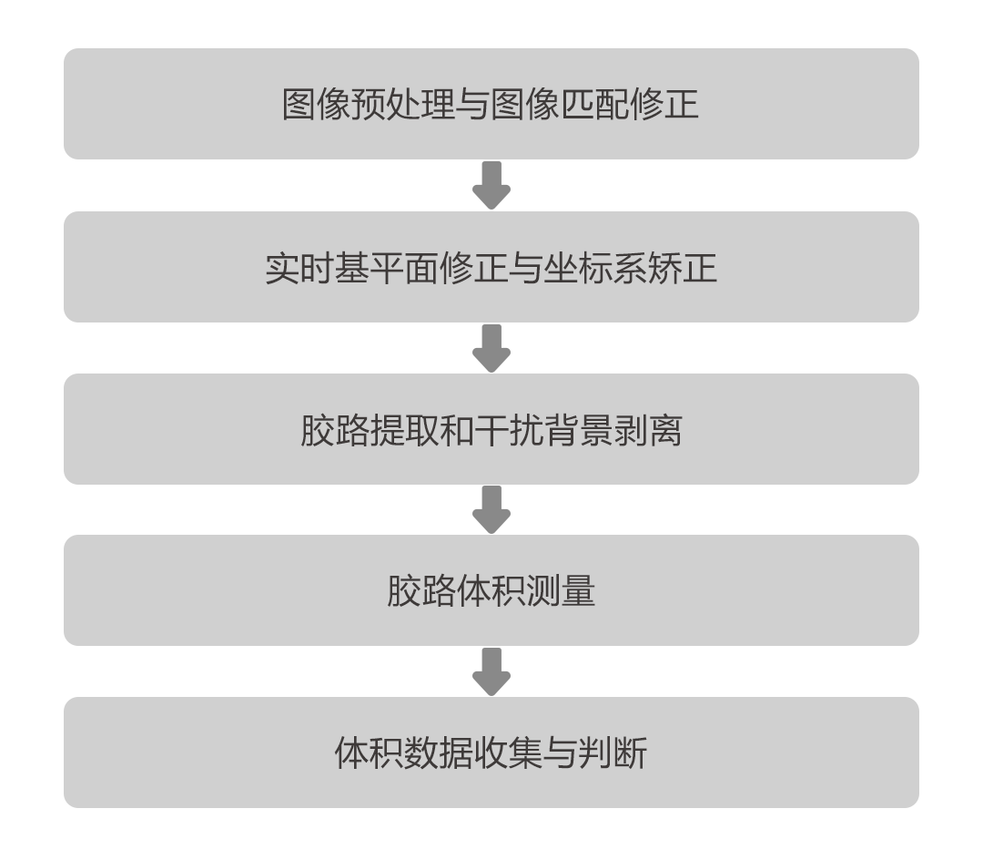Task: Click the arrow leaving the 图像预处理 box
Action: pos(491,186)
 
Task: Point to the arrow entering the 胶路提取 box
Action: pos(491,348)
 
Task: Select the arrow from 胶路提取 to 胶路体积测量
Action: pos(491,509)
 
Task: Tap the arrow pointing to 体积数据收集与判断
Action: pos(491,671)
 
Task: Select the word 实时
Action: pos(299,268)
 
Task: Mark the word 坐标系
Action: pos(595,268)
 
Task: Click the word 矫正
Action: pos(682,268)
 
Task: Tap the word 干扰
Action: pos(510,430)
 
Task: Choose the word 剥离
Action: pos(648,430)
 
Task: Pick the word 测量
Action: pos(562,591)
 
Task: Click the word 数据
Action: pos(440,753)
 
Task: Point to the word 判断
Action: pos(613,753)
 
